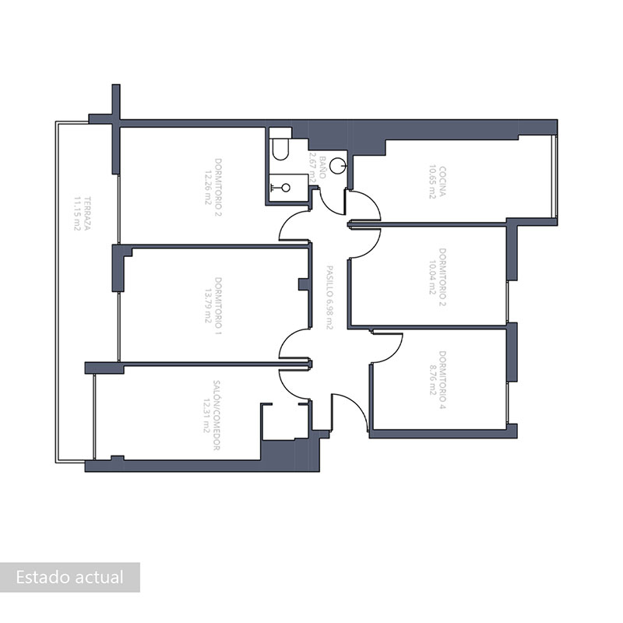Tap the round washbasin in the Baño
[x=337, y=165]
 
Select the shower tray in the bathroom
[x=286, y=187]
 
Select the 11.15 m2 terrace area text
[x=77, y=213]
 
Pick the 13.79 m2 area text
[x=208, y=296]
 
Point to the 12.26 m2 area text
[x=208, y=185]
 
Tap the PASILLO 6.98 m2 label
[x=329, y=297]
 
